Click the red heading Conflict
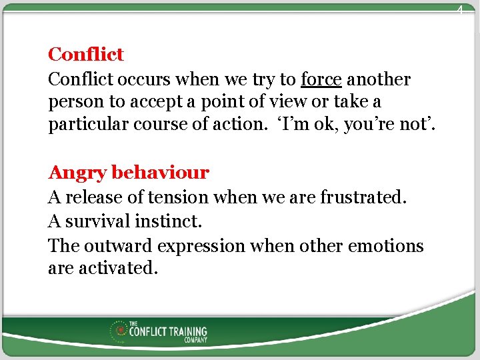pos(86,54)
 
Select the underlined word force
pos(321,79)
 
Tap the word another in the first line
pos(379,79)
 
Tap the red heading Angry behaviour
pos(129,173)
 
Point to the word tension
pos(177,197)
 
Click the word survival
pos(98,221)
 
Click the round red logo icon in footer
pos(120,329)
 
